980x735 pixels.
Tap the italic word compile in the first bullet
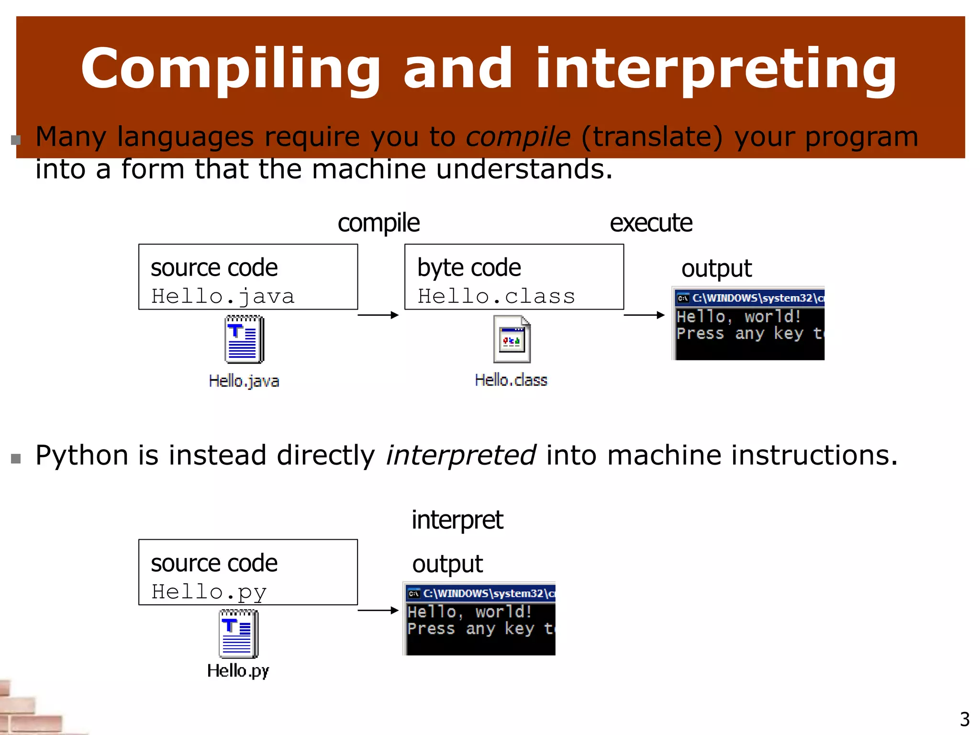(518, 137)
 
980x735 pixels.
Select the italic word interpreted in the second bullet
(461, 455)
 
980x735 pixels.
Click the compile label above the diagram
(379, 223)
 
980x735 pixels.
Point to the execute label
(651, 223)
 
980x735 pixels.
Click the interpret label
(457, 520)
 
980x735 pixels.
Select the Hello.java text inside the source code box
(223, 297)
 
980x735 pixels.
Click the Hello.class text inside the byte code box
(496, 297)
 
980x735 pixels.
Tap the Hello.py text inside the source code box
(209, 592)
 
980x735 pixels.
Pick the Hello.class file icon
(512, 339)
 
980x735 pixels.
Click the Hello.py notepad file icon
(238, 634)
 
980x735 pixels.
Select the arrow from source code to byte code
(378, 315)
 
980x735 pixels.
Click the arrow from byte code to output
(644, 315)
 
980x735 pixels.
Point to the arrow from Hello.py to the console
(378, 610)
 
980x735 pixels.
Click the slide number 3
(965, 719)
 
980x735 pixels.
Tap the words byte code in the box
(469, 268)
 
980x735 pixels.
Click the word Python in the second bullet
(82, 455)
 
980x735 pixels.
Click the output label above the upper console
(716, 269)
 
